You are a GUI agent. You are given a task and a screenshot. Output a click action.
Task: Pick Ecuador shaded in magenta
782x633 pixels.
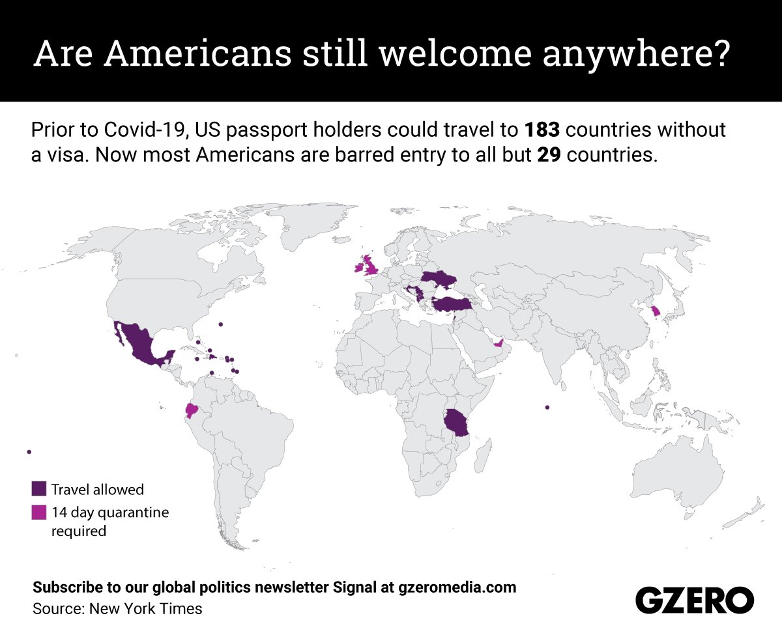(x=191, y=410)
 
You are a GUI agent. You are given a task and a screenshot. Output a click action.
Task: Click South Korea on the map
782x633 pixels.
(x=656, y=312)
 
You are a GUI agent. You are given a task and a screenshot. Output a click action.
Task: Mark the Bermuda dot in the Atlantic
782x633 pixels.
(x=221, y=324)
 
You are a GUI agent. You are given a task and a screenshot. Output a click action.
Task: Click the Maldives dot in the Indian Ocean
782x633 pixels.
(x=547, y=408)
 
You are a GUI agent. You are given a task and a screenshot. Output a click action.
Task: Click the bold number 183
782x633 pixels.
(x=543, y=130)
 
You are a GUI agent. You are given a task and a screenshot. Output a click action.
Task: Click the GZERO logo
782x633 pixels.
(x=694, y=598)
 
